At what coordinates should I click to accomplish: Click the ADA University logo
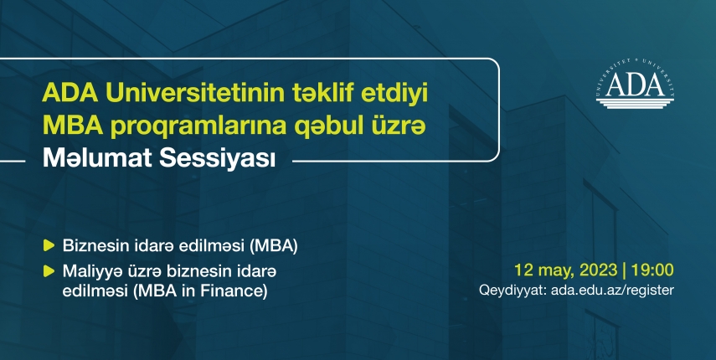(635, 84)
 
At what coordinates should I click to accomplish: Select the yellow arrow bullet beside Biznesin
(49, 245)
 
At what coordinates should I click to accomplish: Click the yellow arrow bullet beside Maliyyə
(49, 271)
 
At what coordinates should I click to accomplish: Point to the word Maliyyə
(89, 271)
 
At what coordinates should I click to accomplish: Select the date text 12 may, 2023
(566, 270)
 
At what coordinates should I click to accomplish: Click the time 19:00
(652, 270)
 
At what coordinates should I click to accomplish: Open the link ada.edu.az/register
(612, 291)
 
